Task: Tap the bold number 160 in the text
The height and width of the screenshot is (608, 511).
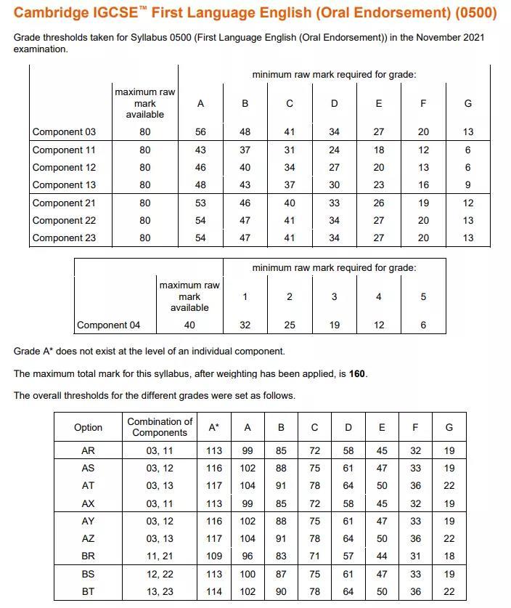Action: (x=357, y=373)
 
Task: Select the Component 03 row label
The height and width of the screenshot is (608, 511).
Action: (x=64, y=132)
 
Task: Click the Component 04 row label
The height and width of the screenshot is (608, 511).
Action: (x=108, y=325)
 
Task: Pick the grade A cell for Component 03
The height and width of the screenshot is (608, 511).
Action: (x=200, y=132)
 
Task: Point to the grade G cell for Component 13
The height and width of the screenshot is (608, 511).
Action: (x=467, y=185)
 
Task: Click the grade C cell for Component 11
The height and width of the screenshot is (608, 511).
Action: (x=290, y=150)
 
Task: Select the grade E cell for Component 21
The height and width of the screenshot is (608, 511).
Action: (x=378, y=203)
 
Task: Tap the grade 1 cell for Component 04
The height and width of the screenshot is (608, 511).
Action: (x=245, y=325)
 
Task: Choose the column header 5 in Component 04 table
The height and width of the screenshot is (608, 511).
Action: (x=423, y=296)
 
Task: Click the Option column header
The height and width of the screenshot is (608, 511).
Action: (x=89, y=427)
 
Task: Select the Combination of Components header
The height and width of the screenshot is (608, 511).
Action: (x=160, y=427)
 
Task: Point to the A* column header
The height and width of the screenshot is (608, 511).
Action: (x=213, y=427)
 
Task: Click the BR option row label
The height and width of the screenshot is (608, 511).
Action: (x=89, y=556)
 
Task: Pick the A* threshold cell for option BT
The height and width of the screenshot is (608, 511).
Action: (x=213, y=592)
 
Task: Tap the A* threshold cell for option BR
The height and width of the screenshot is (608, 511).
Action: (x=213, y=556)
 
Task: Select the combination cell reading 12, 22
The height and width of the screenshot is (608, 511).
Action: (x=160, y=574)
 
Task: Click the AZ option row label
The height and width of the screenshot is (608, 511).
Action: (x=89, y=539)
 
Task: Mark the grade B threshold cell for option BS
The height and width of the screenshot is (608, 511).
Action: (x=281, y=574)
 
